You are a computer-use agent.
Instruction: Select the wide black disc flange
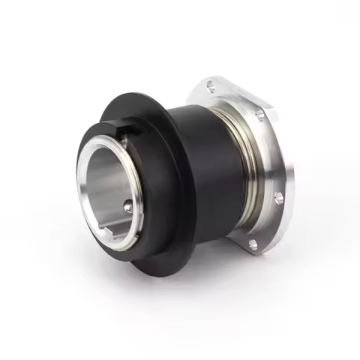pyautogui.click(x=169, y=247)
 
